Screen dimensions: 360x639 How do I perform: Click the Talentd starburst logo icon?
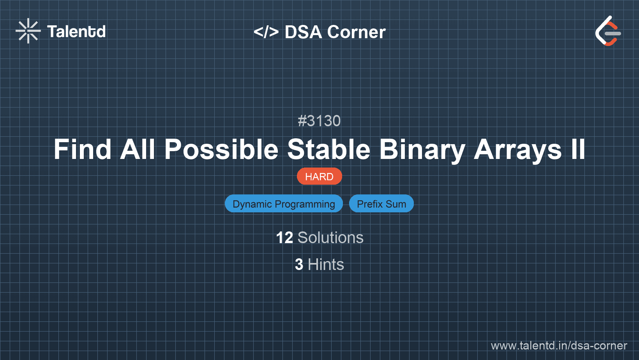click(x=28, y=31)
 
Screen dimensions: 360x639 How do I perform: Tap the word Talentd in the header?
click(x=76, y=32)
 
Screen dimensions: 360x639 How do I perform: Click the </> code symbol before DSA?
click(x=266, y=32)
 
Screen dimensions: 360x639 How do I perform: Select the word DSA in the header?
click(x=303, y=32)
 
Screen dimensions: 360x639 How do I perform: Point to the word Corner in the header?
click(x=357, y=32)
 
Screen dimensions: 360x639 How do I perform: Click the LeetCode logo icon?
click(x=608, y=31)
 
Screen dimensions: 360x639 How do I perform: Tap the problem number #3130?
click(x=319, y=121)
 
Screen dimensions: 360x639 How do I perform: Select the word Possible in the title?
click(x=221, y=150)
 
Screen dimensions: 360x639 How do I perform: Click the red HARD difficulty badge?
click(x=319, y=176)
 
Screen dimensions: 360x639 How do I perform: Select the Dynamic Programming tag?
click(x=284, y=204)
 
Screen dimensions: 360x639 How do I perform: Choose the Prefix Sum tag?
click(x=381, y=204)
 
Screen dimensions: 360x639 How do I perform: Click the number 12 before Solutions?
click(x=284, y=238)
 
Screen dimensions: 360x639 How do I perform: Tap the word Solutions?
click(x=330, y=238)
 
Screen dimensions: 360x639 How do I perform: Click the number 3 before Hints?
click(x=299, y=265)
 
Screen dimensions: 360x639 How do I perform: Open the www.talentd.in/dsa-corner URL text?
click(x=559, y=346)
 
